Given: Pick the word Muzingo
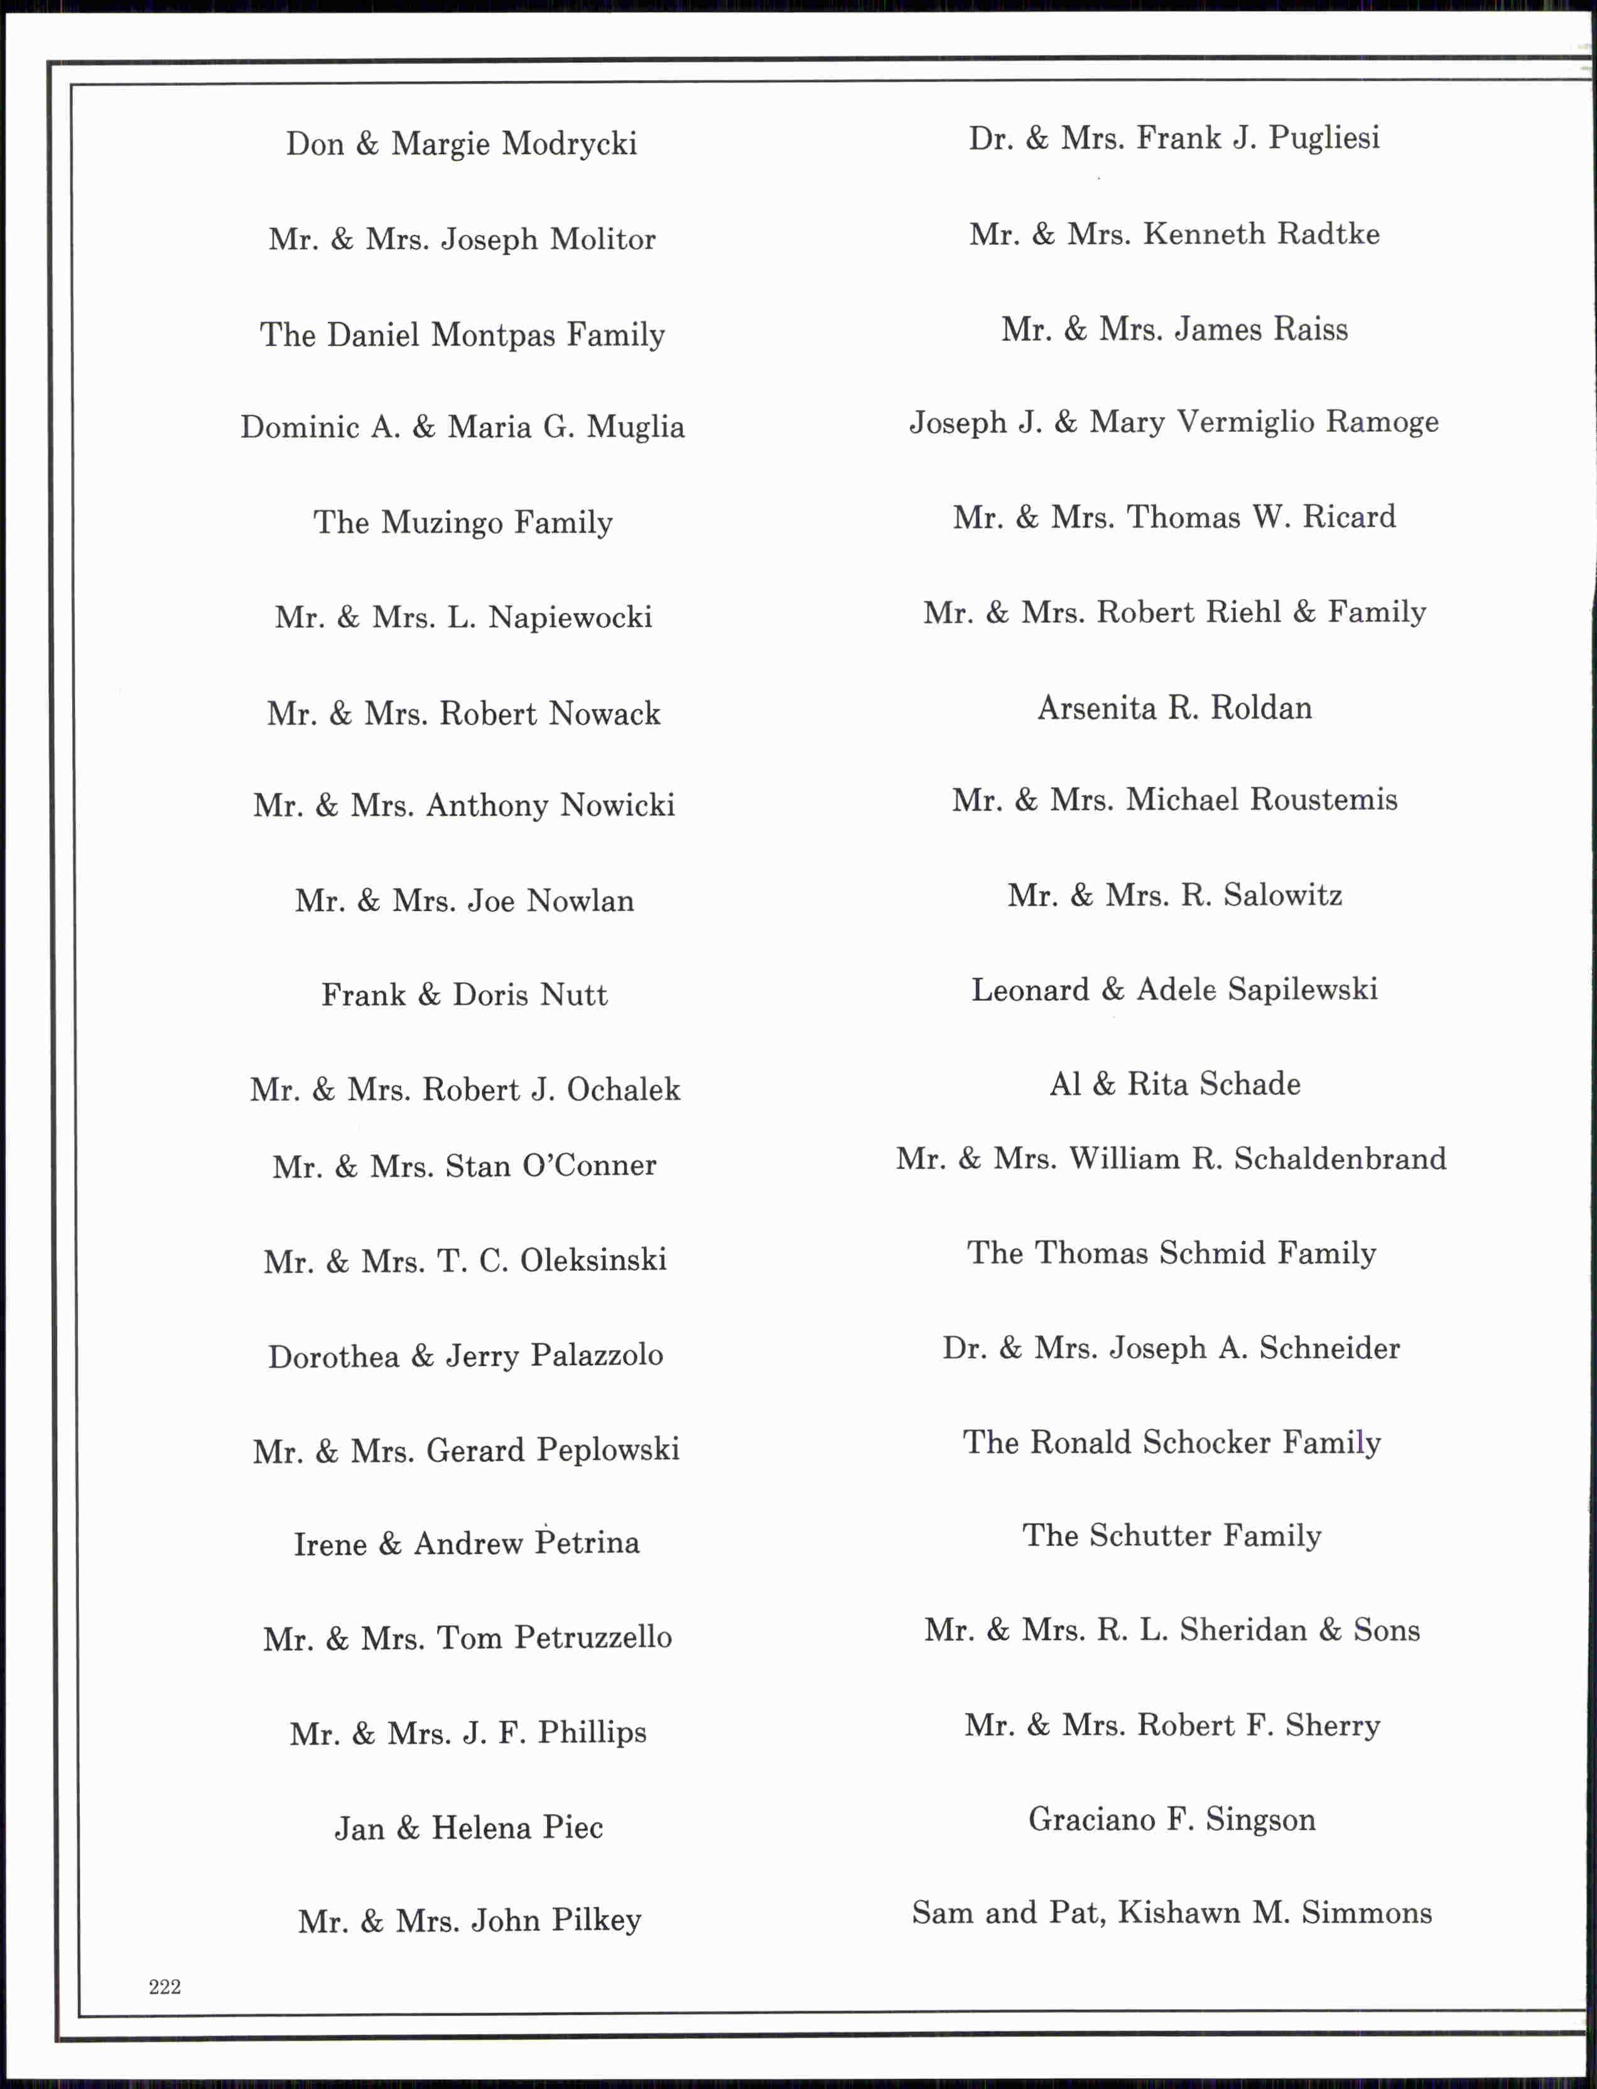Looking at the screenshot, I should click(x=442, y=523).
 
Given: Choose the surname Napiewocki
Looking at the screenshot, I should click(x=570, y=618).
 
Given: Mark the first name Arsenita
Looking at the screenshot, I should click(x=1096, y=708).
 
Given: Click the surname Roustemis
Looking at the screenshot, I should click(x=1323, y=799).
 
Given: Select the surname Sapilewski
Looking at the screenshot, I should click(x=1302, y=990).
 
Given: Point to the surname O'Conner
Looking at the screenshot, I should click(x=588, y=1165).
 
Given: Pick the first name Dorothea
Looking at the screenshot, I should click(x=333, y=1356).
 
